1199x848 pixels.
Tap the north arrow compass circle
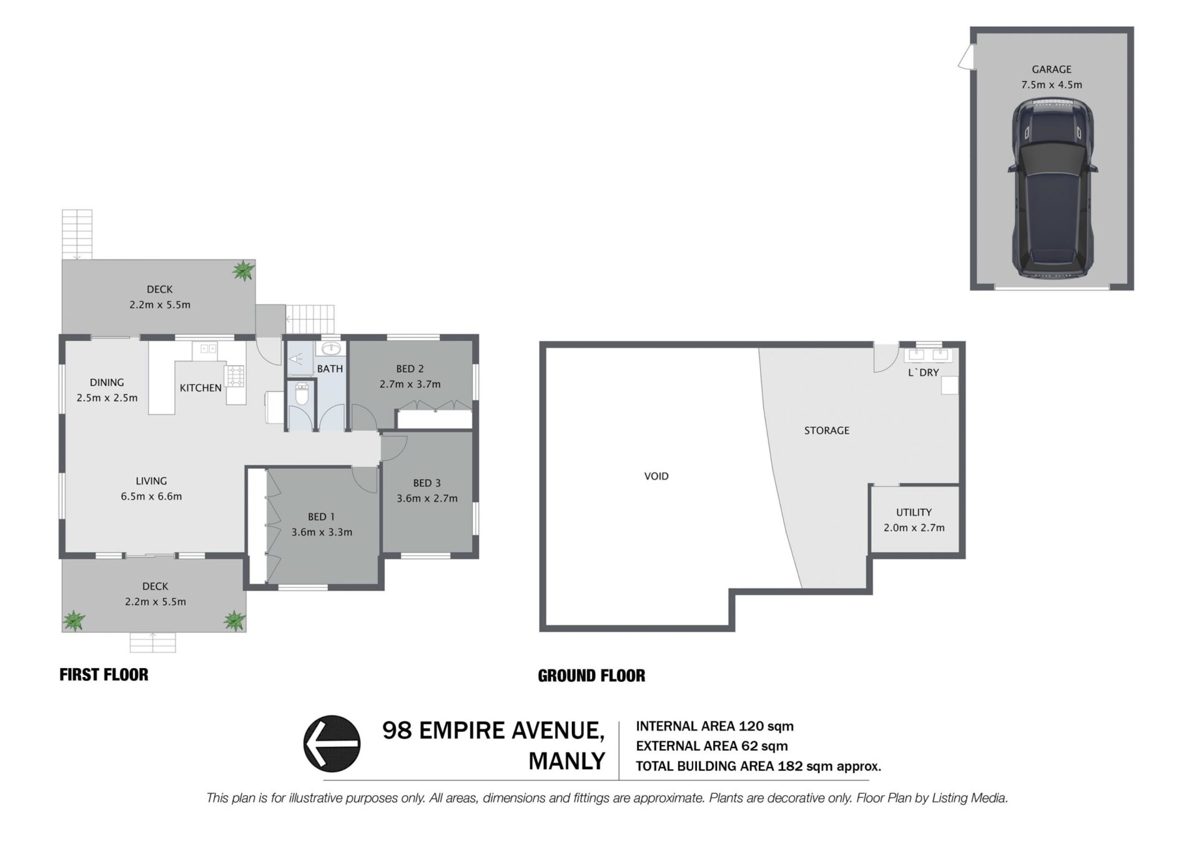click(332, 743)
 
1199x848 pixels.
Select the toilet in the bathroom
click(301, 394)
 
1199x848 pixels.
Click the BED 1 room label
click(321, 516)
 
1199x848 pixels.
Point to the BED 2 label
click(410, 368)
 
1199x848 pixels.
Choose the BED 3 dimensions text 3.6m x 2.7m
click(427, 498)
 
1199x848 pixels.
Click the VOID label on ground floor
click(656, 476)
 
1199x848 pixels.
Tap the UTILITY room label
click(914, 512)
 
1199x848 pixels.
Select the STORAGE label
click(827, 430)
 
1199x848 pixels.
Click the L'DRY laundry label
click(924, 372)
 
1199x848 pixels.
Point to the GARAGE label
click(1052, 69)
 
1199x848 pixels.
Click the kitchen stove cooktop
click(235, 375)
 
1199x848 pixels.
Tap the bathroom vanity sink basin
click(331, 348)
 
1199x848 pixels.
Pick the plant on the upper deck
click(243, 270)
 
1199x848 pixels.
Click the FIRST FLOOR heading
click(104, 674)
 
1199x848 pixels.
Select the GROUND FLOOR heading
click(591, 675)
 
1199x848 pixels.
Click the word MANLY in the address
click(567, 761)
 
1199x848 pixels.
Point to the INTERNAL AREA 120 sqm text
click(714, 726)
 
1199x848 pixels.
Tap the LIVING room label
click(151, 481)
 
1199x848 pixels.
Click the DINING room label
click(107, 382)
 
